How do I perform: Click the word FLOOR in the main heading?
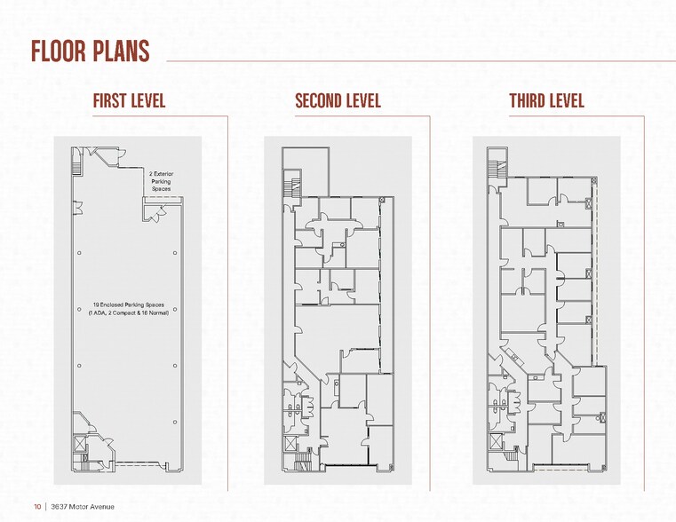pos(59,51)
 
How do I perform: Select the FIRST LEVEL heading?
pos(129,100)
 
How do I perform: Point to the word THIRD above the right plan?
pos(527,100)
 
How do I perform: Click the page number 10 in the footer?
pos(38,507)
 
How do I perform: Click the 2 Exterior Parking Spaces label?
pos(161,181)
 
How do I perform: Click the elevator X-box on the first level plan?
pos(78,441)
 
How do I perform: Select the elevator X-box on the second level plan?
pos(290,441)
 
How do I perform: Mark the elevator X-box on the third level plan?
pos(495,441)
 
